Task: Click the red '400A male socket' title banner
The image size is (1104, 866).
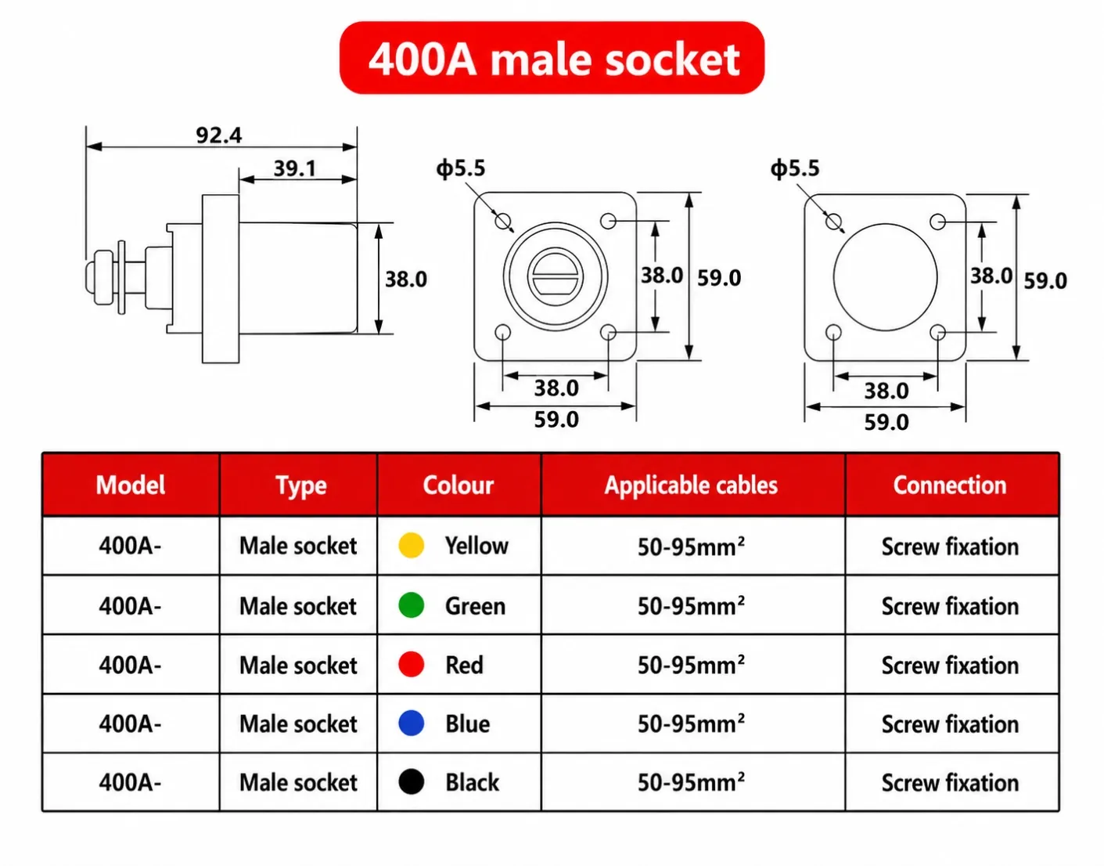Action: pos(552,57)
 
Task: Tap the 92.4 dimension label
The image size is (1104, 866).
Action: pos(219,135)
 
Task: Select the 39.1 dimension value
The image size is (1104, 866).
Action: pos(295,168)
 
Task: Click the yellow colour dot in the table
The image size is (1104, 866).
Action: pos(411,545)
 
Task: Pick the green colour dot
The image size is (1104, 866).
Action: pos(411,604)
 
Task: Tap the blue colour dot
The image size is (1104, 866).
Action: pos(411,723)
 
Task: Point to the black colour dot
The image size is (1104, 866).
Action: pos(411,781)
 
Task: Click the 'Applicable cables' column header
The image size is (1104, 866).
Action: pos(691,485)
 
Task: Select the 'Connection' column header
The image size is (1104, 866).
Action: pos(950,485)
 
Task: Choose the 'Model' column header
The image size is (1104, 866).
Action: pos(131,485)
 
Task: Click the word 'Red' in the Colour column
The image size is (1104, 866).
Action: pos(464,665)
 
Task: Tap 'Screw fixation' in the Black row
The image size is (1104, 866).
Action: pos(950,783)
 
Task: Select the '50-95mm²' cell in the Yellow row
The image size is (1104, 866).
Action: pos(691,547)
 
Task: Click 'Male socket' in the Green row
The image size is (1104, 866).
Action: pos(298,606)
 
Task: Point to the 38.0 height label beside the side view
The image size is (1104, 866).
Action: pos(406,279)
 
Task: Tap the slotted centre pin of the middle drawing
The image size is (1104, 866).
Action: pos(556,277)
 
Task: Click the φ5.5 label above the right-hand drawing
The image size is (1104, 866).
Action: pos(795,168)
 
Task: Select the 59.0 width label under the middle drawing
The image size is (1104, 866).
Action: pos(556,419)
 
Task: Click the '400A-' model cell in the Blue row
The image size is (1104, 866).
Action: pos(130,723)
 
